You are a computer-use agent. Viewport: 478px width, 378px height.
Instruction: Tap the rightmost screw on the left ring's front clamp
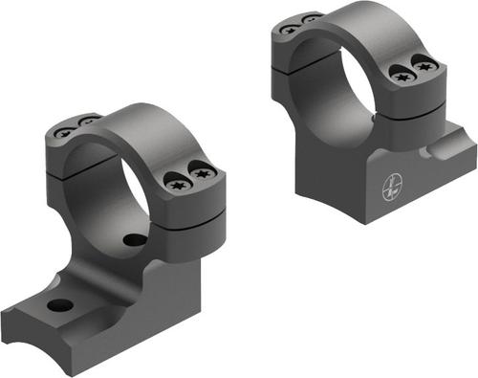[202, 174]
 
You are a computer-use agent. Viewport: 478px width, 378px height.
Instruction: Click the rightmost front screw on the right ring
[427, 65]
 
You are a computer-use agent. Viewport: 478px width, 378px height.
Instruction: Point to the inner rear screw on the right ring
[311, 19]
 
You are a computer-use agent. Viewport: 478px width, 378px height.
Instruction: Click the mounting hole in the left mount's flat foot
[60, 307]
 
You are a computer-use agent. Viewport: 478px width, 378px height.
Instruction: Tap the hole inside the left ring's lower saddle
[135, 239]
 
